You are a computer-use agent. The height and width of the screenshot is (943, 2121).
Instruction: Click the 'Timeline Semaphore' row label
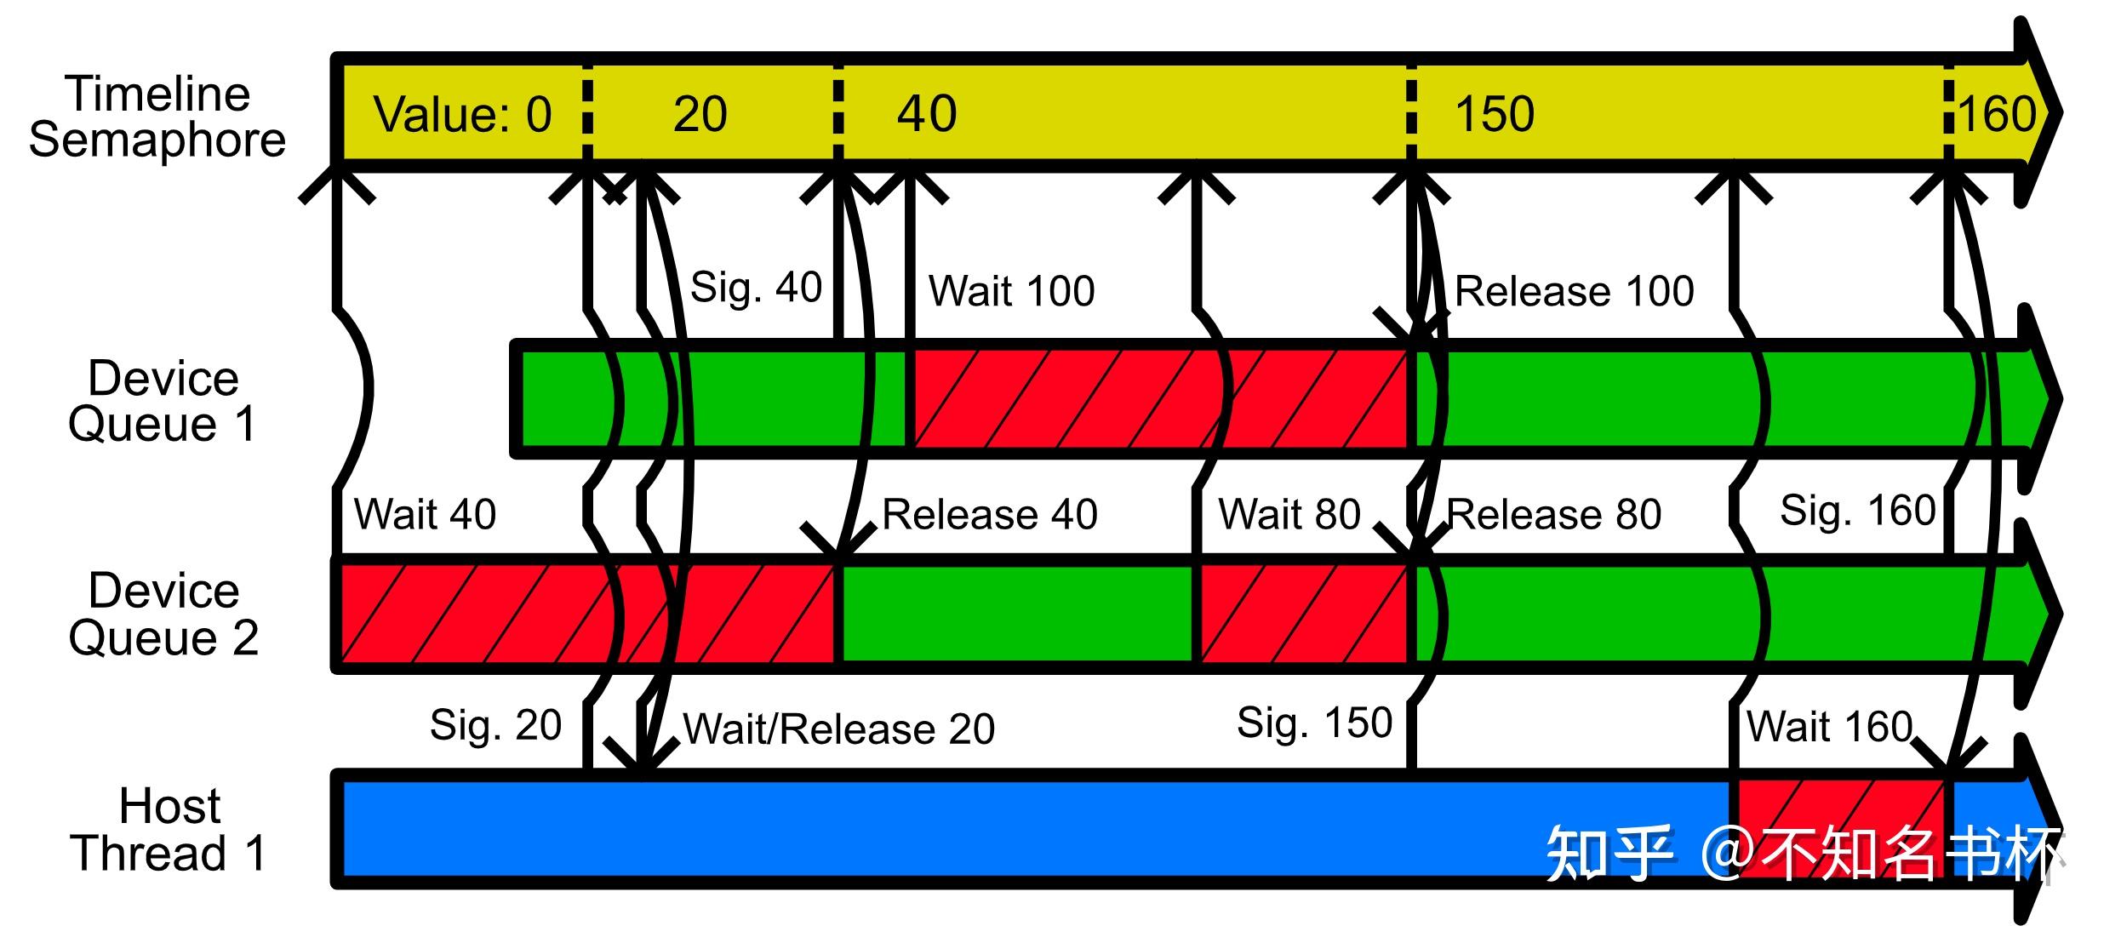(x=157, y=117)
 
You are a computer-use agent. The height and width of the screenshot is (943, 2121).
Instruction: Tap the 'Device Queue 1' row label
(x=163, y=401)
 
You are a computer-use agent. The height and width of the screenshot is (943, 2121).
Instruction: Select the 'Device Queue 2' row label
(x=163, y=614)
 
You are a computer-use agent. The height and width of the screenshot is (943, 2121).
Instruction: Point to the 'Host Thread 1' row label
(x=169, y=829)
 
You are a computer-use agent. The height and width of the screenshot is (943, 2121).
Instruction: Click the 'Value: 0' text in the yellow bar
(x=462, y=114)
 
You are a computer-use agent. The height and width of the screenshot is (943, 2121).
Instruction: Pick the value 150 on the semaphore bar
(x=1494, y=114)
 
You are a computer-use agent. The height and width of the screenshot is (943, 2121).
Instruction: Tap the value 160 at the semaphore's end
(x=1997, y=114)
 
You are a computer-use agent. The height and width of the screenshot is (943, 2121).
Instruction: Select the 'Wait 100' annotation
(x=1011, y=291)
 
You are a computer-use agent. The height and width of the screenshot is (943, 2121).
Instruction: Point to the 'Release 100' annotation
(x=1575, y=291)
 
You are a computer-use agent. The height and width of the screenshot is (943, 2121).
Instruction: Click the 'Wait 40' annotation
(x=425, y=514)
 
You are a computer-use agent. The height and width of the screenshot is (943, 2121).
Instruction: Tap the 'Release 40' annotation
(x=989, y=514)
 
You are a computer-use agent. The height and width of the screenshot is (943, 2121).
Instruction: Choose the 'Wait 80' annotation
(x=1289, y=514)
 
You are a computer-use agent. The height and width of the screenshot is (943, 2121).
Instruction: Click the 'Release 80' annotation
(x=1554, y=514)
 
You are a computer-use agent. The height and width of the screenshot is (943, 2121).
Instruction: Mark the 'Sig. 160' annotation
(x=1857, y=511)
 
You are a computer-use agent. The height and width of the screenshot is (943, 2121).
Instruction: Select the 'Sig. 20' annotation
(x=495, y=725)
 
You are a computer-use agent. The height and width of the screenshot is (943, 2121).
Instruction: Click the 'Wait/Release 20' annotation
(x=838, y=729)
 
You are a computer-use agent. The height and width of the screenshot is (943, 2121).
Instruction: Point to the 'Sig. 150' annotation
(x=1314, y=723)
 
